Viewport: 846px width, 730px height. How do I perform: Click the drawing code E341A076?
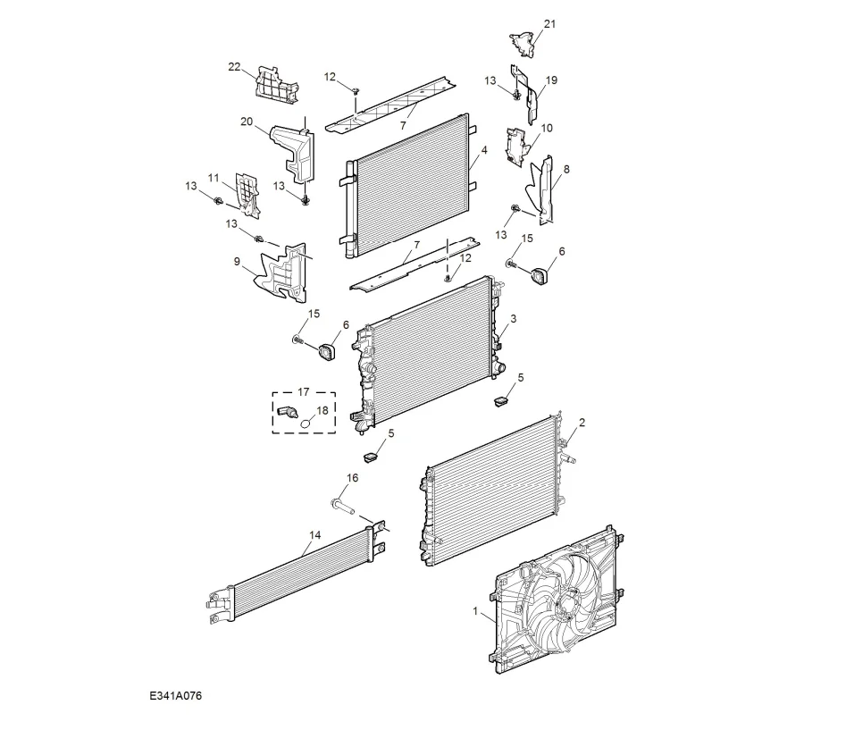click(x=176, y=695)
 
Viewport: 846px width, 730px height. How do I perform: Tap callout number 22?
click(x=234, y=67)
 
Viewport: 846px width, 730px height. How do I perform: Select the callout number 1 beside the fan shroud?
click(x=475, y=612)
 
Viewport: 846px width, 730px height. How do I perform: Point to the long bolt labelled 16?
click(x=343, y=506)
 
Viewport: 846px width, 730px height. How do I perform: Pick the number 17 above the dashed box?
click(x=303, y=391)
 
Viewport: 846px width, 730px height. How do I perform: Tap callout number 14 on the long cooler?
click(x=314, y=536)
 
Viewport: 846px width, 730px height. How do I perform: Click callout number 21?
click(x=549, y=23)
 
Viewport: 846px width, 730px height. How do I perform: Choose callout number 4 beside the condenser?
click(x=483, y=152)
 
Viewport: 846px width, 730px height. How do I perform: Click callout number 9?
click(x=237, y=262)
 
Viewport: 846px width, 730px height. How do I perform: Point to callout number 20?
click(x=247, y=122)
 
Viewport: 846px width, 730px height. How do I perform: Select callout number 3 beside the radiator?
click(x=513, y=319)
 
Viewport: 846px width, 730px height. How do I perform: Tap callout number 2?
click(x=582, y=422)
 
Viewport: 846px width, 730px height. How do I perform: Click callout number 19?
click(x=551, y=80)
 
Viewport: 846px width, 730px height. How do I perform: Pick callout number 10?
click(x=547, y=128)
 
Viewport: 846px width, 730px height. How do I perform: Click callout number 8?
click(x=565, y=168)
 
